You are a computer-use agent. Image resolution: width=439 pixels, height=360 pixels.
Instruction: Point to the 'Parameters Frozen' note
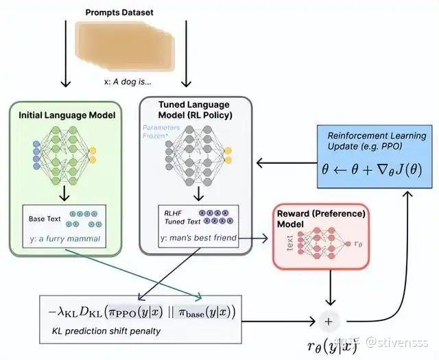pos(163,132)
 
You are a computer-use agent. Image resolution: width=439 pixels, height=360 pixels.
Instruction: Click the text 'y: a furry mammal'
pos(64,239)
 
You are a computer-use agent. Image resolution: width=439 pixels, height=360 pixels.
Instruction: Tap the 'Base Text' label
pos(46,219)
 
